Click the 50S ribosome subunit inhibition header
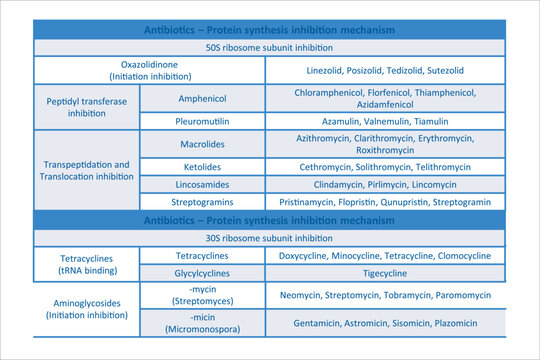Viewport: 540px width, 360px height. click(270, 47)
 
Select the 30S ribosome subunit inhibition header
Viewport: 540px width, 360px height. click(270, 237)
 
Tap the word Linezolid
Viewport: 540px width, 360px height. click(328, 72)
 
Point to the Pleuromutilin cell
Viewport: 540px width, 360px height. click(203, 120)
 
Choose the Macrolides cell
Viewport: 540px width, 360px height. click(203, 144)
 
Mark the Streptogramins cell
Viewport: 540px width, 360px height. click(203, 201)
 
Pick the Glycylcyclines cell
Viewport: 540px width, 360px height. click(203, 273)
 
